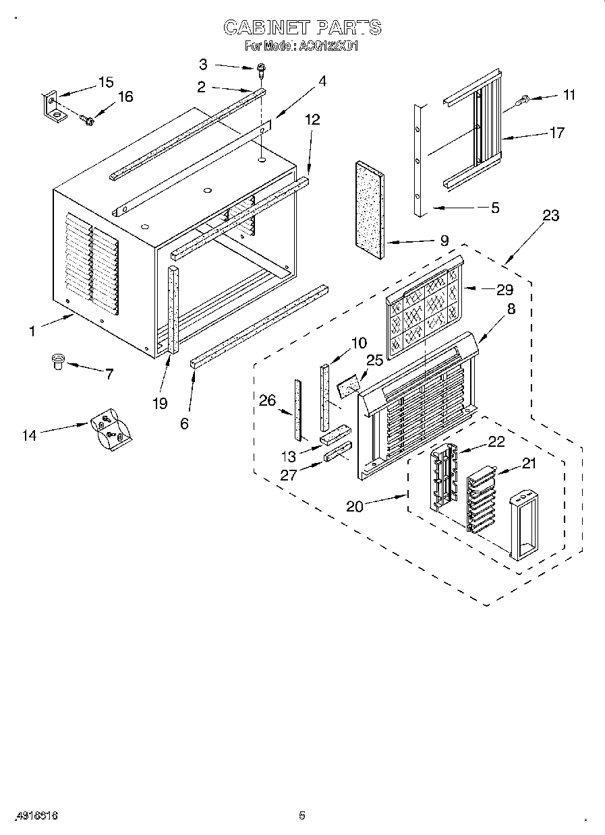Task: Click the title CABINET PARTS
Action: click(302, 28)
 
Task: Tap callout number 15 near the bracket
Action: click(106, 82)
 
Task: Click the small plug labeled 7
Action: click(57, 362)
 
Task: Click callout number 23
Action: click(550, 216)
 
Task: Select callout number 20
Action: click(355, 506)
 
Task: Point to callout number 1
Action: click(31, 331)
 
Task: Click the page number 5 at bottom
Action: click(302, 815)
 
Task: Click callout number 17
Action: click(556, 133)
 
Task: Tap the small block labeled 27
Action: click(337, 451)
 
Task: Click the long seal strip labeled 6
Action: click(260, 325)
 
